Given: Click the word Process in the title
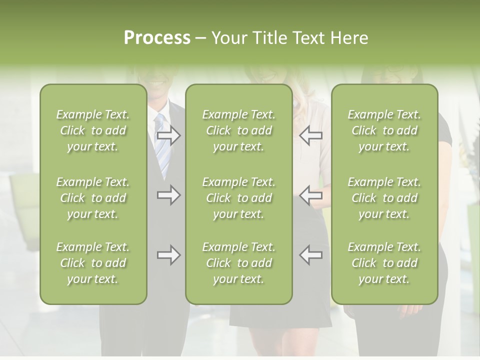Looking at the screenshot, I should pyautogui.click(x=157, y=38).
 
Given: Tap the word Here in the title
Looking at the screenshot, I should pyautogui.click(x=349, y=38).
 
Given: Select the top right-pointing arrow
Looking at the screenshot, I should pyautogui.click(x=168, y=135).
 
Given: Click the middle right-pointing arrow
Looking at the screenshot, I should pyautogui.click(x=168, y=195).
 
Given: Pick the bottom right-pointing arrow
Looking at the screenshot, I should pyautogui.click(x=168, y=255).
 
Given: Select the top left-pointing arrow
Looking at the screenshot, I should pyautogui.click(x=311, y=135).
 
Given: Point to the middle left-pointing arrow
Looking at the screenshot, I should pyautogui.click(x=311, y=195).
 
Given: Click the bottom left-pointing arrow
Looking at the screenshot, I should pyautogui.click(x=311, y=255).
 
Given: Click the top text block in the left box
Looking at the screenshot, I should pyautogui.click(x=93, y=130).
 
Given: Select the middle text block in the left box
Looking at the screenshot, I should pyautogui.click(x=93, y=198).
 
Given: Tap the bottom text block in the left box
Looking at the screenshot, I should pyautogui.click(x=93, y=263).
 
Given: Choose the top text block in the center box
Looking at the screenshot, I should pyautogui.click(x=238, y=130).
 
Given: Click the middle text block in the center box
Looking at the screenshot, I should pyautogui.click(x=238, y=198).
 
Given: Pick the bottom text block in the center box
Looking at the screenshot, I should pyautogui.click(x=238, y=263).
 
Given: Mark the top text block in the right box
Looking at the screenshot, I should pyautogui.click(x=384, y=130).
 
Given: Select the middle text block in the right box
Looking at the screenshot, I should pyautogui.click(x=384, y=198).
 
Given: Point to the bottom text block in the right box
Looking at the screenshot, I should pyautogui.click(x=384, y=263).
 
